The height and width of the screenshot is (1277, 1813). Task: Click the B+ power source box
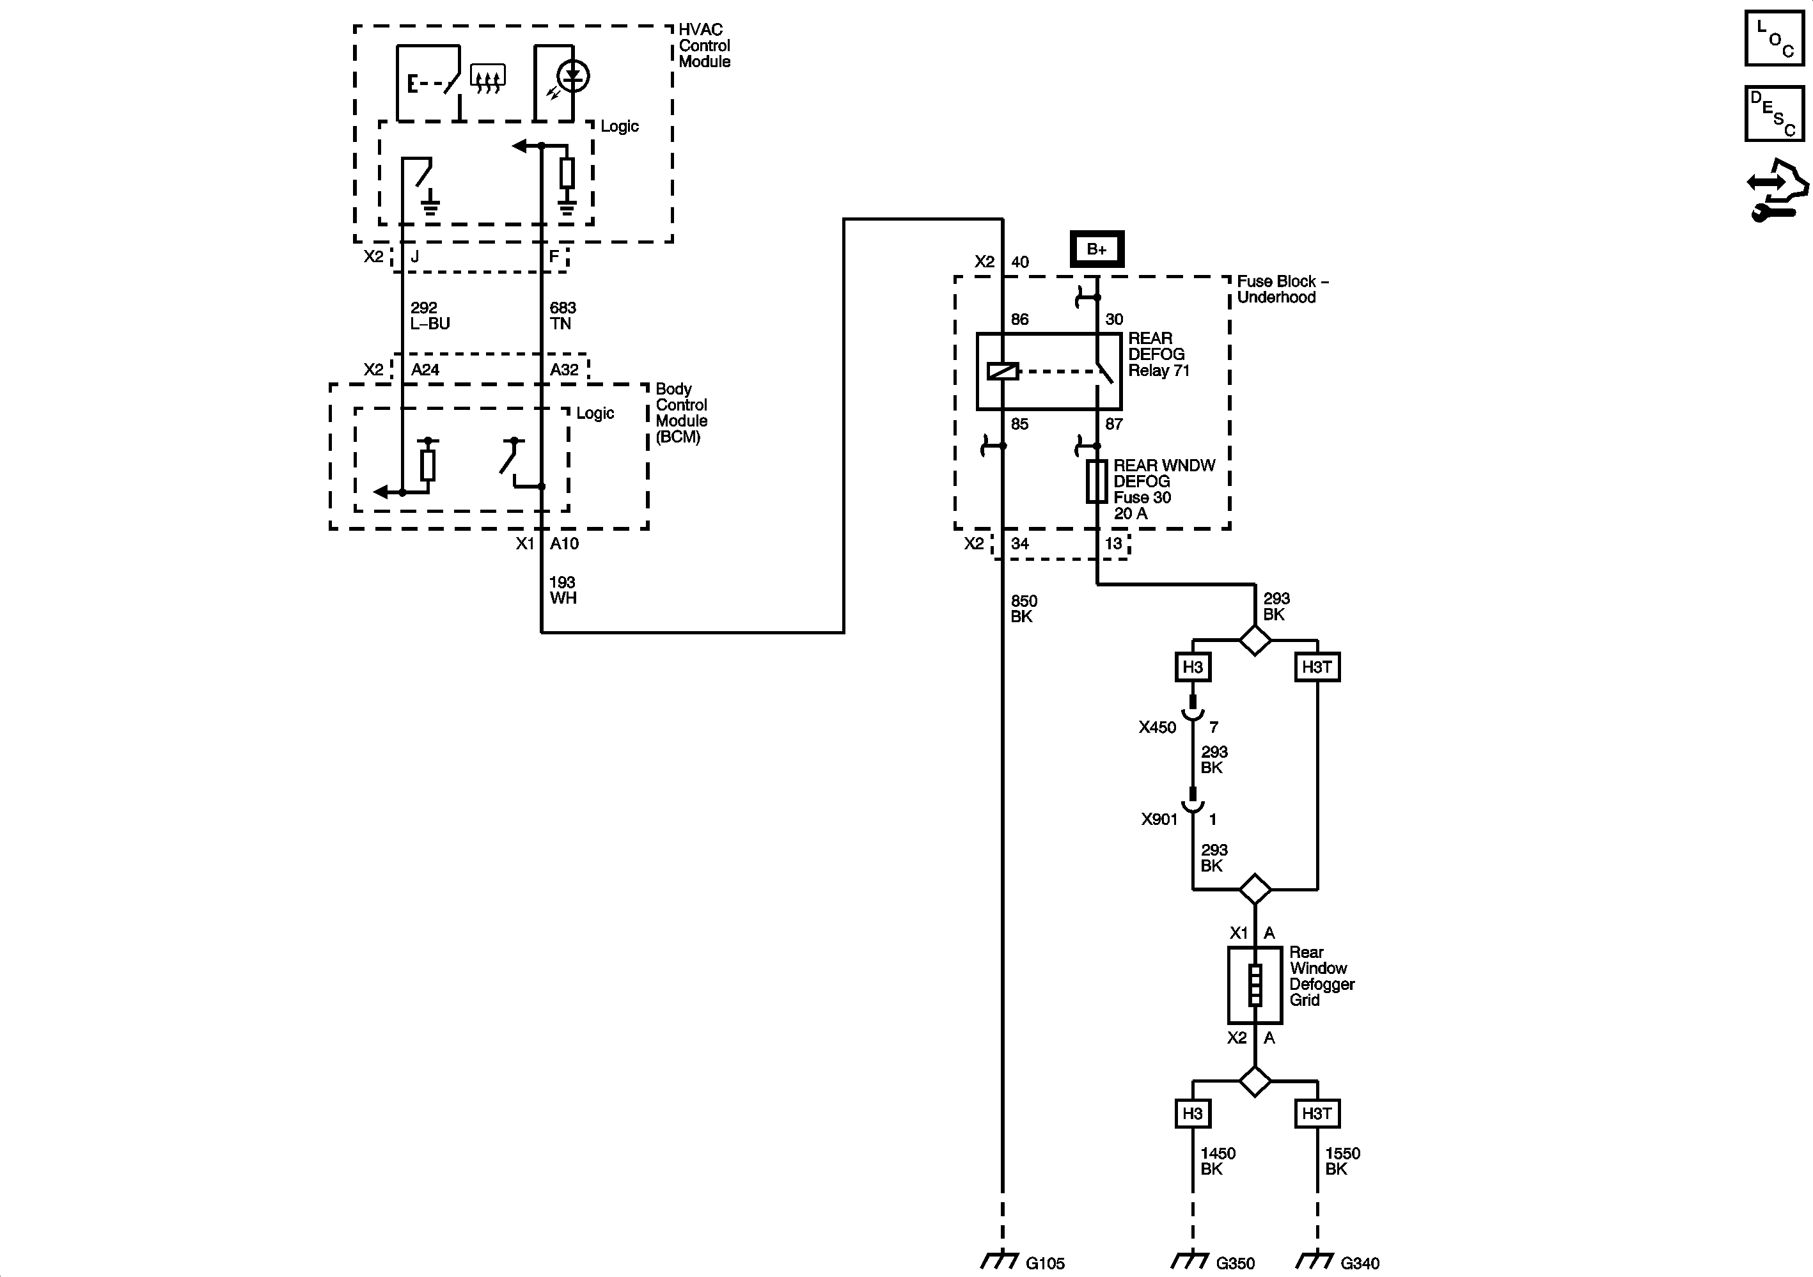point(1096,249)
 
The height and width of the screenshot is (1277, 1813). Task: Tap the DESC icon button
point(1773,114)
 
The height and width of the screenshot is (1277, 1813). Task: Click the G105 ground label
point(1045,1264)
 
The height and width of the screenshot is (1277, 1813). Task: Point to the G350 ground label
point(1235,1264)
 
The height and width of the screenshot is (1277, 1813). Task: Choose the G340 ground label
point(1360,1264)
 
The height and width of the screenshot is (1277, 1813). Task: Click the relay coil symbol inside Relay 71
point(1003,370)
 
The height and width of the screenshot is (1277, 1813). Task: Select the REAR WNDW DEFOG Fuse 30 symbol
point(1097,481)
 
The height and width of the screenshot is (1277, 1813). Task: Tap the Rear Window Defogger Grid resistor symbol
point(1254,985)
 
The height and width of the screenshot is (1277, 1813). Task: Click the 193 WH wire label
point(563,590)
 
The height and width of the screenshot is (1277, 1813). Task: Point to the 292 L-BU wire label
point(430,316)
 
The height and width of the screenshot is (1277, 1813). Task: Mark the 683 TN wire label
point(562,316)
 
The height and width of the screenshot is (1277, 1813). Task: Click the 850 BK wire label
point(1023,609)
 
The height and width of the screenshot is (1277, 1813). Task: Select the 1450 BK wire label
point(1217,1161)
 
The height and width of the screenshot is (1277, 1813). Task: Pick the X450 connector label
point(1157,727)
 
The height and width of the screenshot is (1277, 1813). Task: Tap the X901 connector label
point(1158,819)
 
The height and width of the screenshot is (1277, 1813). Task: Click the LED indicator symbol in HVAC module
point(572,77)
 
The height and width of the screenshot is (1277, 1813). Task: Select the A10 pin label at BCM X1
point(564,544)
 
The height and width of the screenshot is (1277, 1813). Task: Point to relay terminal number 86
point(1019,320)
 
